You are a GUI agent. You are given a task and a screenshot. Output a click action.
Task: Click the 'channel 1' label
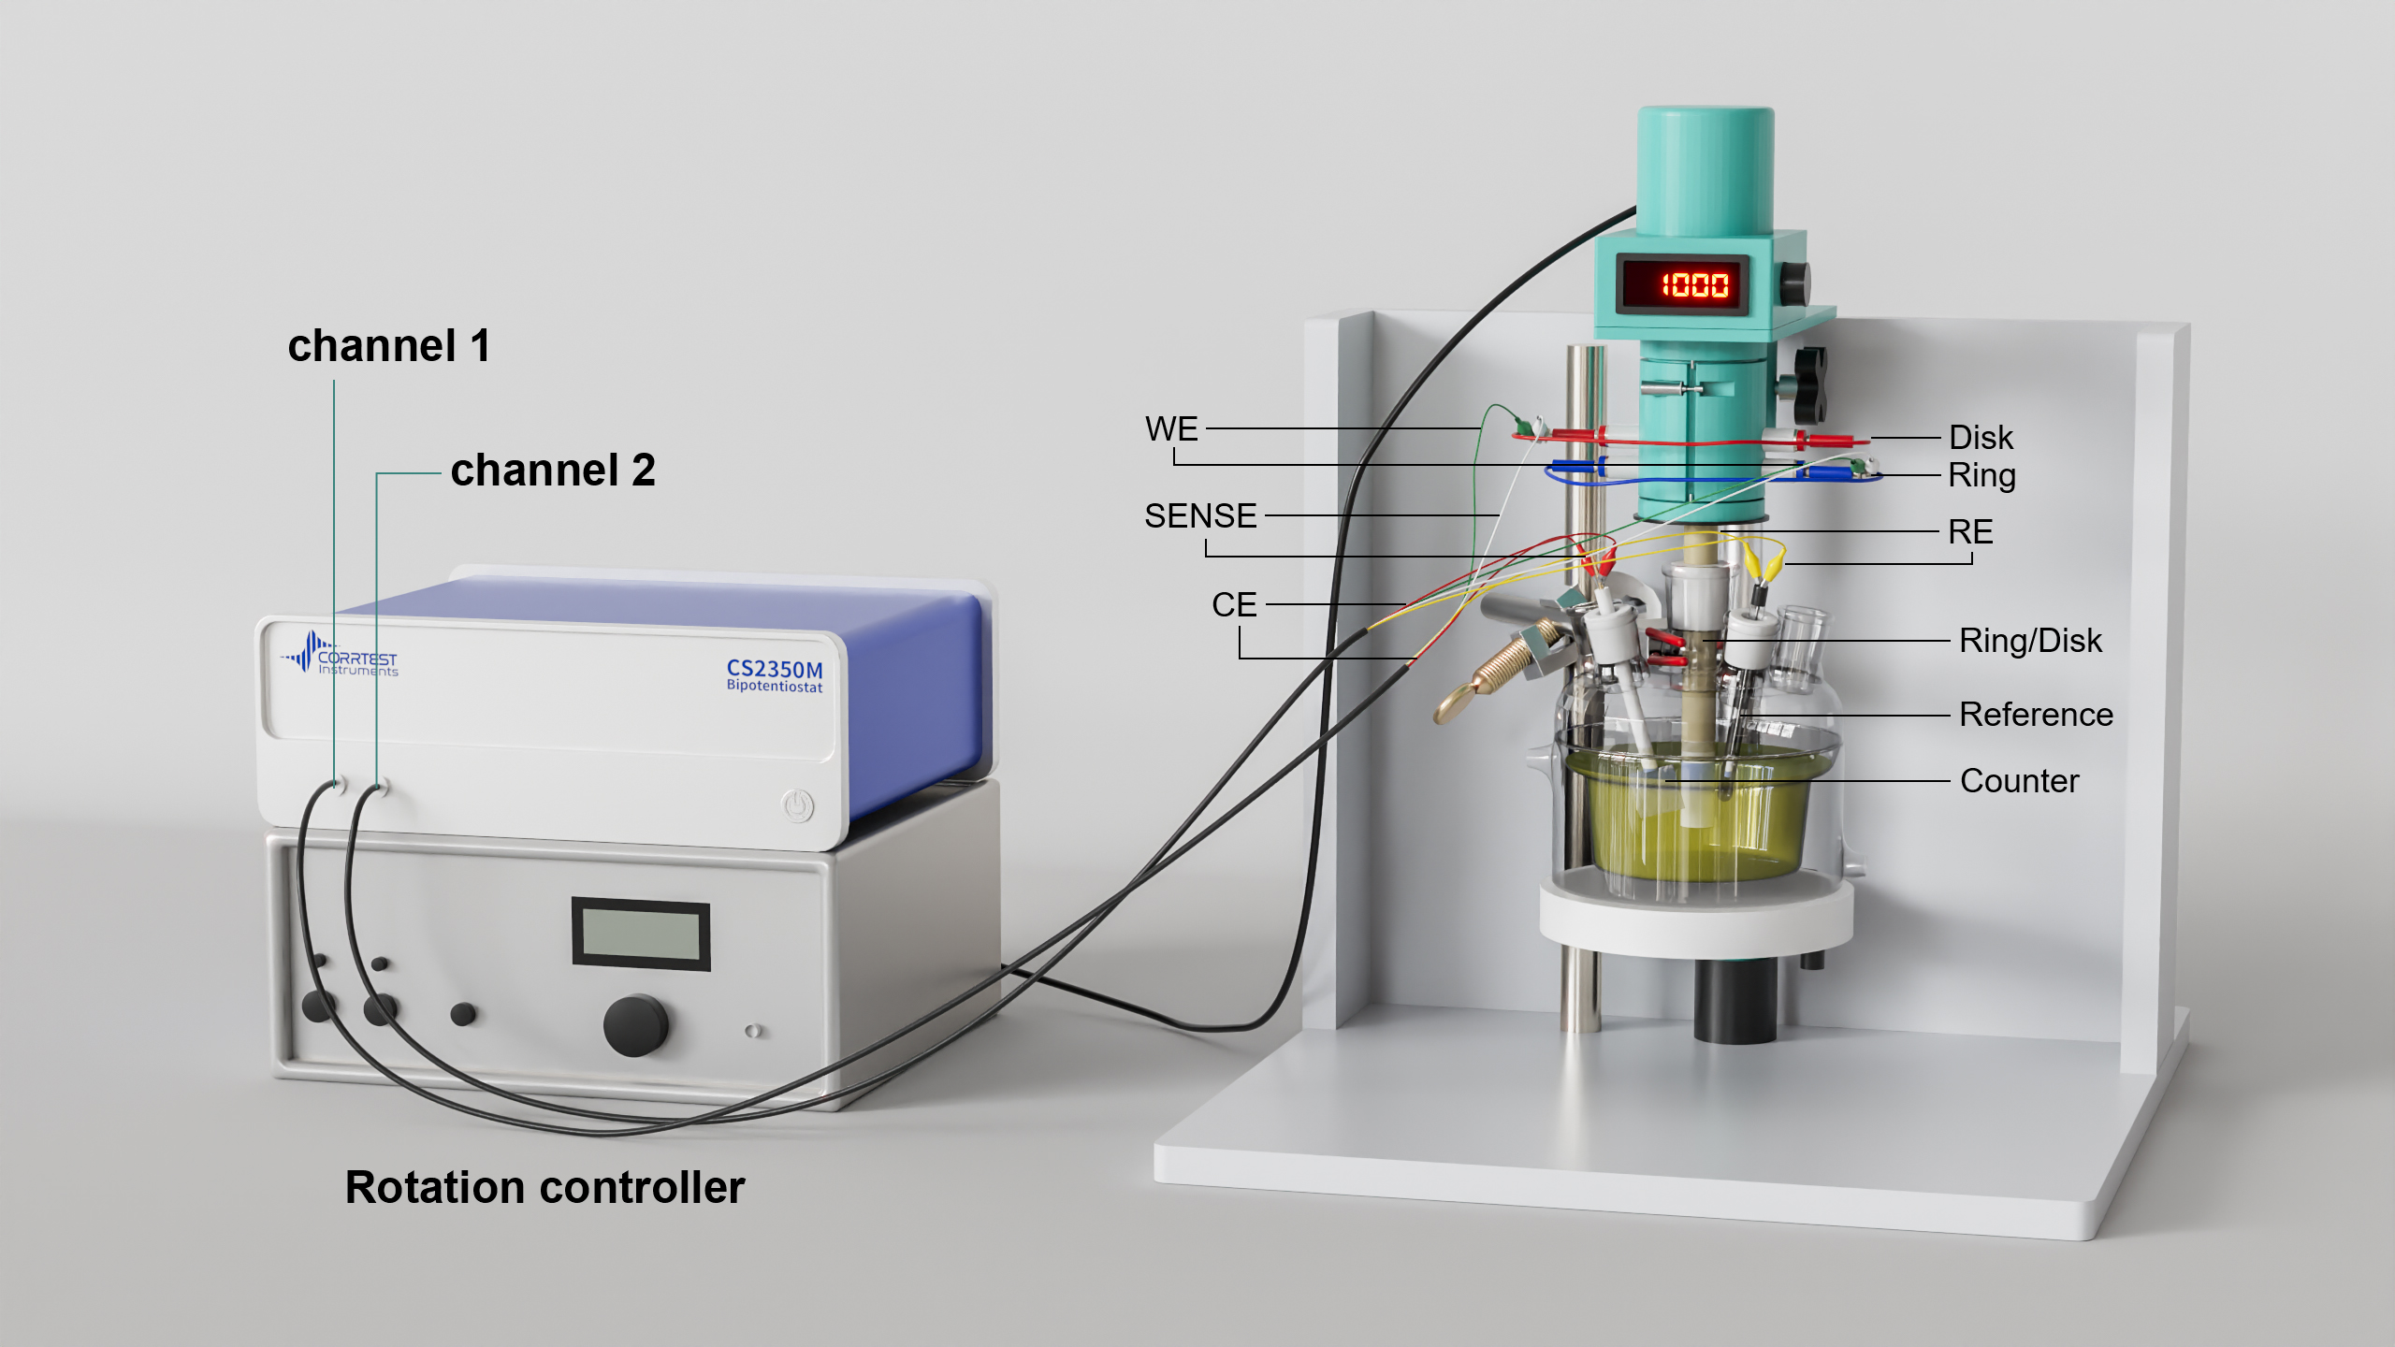388,346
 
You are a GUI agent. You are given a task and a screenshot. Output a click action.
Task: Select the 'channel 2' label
553,471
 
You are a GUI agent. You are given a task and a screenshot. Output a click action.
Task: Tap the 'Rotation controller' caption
544,1188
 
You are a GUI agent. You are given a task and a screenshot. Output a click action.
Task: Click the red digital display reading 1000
1694,284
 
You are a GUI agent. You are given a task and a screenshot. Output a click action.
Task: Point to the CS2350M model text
775,669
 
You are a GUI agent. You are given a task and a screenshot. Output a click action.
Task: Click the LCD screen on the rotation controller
641,934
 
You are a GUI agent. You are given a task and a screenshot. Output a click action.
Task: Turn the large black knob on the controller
635,1025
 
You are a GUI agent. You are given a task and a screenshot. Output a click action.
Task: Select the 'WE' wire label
1171,429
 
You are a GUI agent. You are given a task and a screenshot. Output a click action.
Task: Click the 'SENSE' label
1200,516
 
